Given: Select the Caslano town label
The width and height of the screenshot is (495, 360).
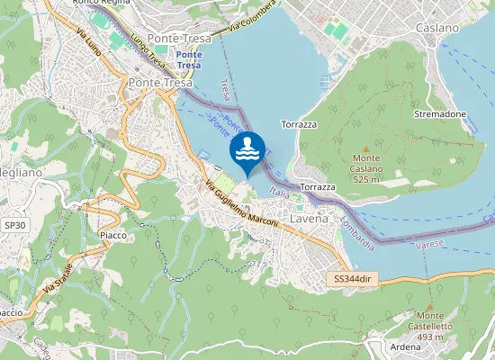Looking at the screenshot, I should click(437, 28).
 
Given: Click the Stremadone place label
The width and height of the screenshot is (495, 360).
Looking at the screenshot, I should click(439, 115).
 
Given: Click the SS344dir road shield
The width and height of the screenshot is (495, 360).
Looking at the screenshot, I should click(351, 279).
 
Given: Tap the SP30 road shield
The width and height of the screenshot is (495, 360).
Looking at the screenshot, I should click(14, 224).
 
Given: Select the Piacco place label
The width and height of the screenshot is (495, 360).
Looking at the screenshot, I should click(112, 235).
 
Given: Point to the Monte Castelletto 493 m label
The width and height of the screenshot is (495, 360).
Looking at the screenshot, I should click(430, 326).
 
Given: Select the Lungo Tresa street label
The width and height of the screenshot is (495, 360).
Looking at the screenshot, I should click(149, 50).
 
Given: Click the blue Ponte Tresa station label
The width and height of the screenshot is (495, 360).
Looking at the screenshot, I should click(189, 59).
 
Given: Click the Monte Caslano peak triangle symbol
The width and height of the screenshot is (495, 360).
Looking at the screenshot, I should click(365, 148).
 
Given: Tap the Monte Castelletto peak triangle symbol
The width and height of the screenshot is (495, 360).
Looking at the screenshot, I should click(430, 305).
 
